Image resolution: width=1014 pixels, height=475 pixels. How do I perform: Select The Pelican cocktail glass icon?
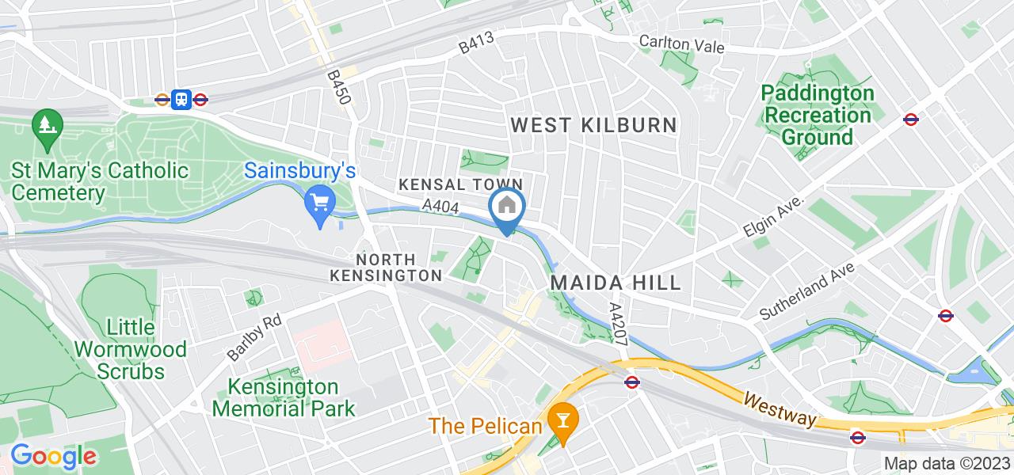563,420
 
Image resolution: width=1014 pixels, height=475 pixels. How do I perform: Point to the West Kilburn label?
593,124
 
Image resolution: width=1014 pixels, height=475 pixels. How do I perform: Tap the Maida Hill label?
615,283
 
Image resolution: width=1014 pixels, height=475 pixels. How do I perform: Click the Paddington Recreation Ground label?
818,115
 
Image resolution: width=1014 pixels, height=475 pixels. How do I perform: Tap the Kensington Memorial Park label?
283,398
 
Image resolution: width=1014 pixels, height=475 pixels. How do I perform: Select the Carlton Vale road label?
682,45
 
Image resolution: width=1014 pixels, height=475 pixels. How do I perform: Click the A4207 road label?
619,320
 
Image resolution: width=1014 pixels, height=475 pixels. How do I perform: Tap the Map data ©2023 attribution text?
947,464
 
